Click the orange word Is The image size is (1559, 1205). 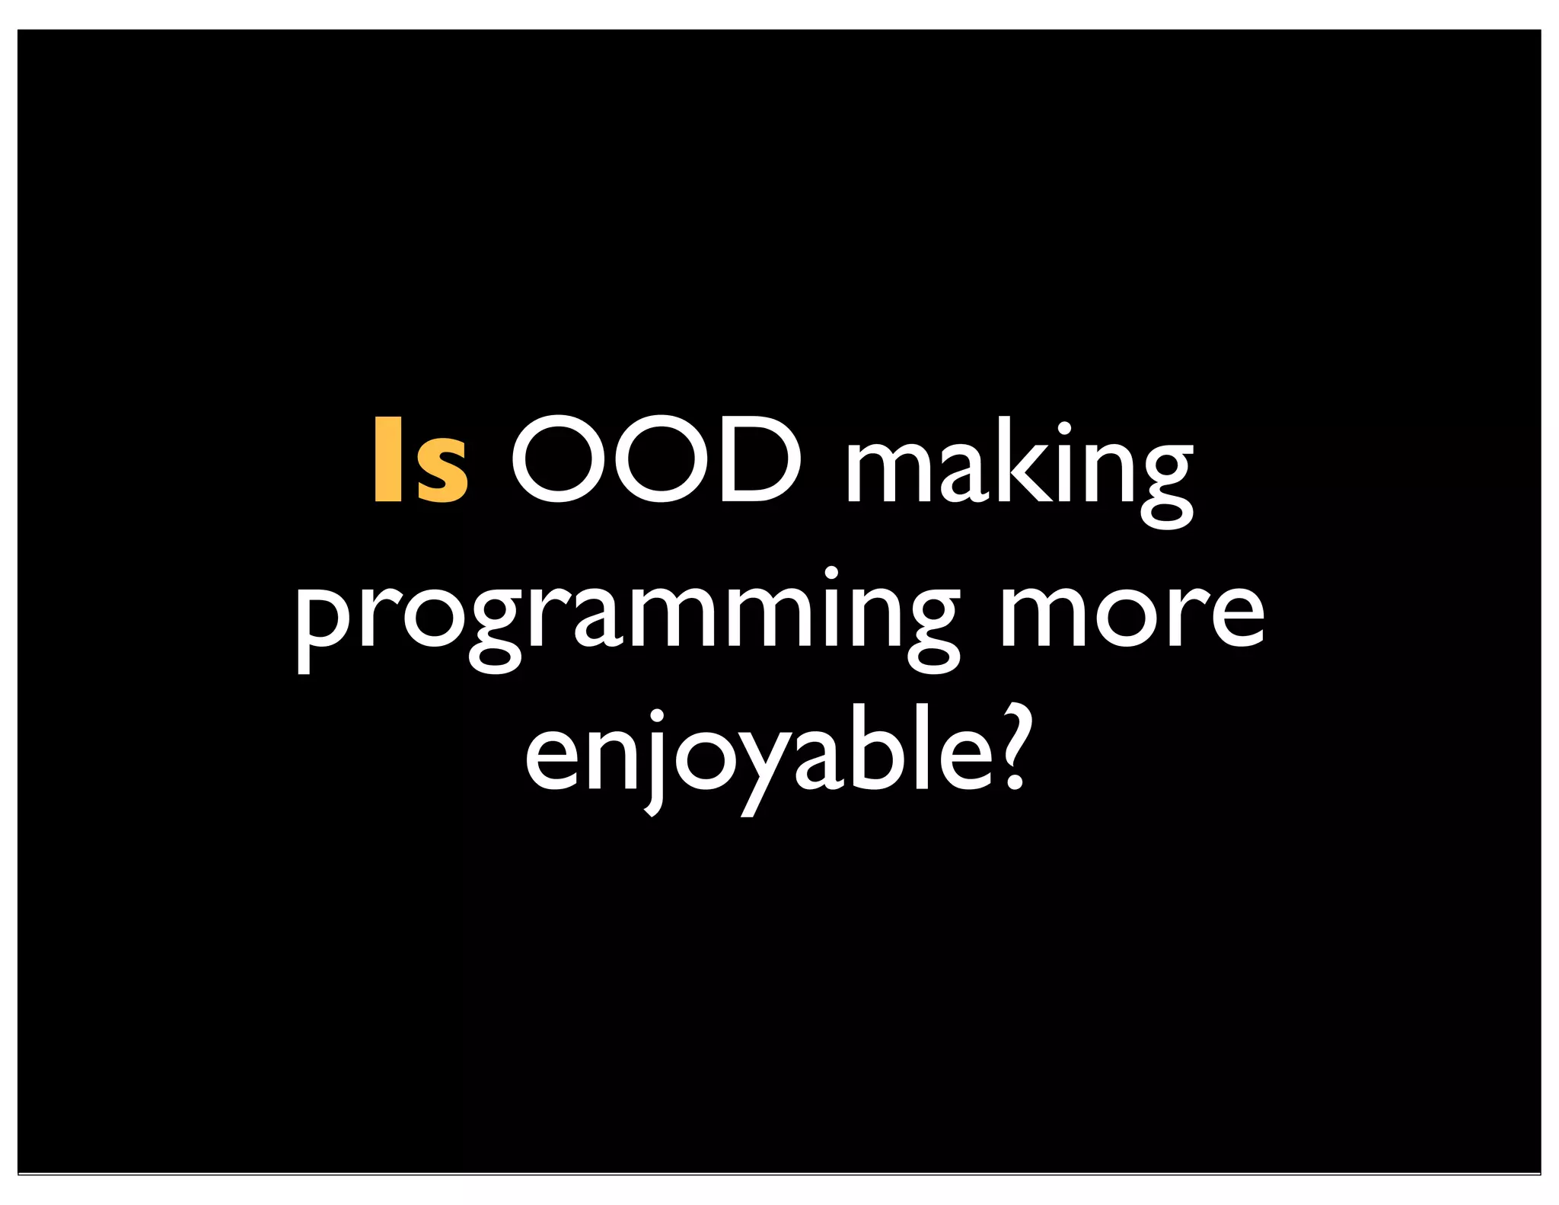[x=420, y=460]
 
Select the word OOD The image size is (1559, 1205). [x=656, y=460]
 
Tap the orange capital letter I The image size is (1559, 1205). [x=388, y=460]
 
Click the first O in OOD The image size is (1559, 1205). [x=558, y=460]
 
